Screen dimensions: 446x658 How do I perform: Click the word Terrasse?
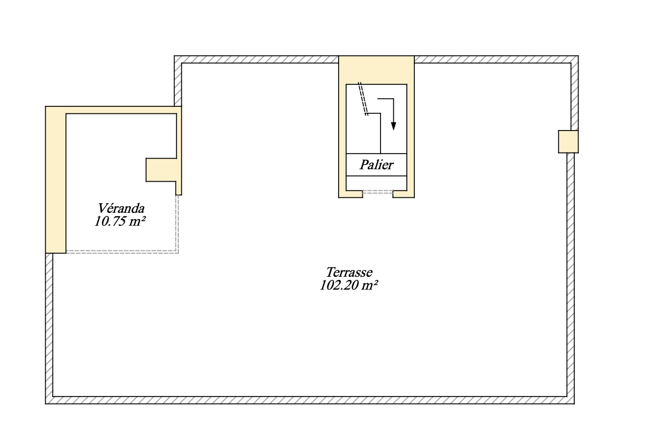[349, 272]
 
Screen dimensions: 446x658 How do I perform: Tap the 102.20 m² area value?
[347, 286]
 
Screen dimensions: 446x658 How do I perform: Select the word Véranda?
[121, 208]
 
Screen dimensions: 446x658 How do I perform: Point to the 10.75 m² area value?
[121, 221]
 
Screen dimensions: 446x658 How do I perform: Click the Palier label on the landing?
[376, 164]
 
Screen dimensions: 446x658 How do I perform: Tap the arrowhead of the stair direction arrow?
[393, 126]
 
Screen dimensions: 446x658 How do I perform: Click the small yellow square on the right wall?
[568, 141]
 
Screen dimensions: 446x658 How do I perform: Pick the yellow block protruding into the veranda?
[161, 170]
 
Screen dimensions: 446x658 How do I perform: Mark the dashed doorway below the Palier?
[377, 191]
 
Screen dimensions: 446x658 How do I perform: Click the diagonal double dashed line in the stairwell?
[363, 98]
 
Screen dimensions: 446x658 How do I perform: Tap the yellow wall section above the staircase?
[376, 69]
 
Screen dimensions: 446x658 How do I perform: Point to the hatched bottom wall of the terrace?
[311, 400]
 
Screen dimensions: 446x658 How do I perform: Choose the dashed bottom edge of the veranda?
[122, 251]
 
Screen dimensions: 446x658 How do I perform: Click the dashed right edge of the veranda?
[178, 223]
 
